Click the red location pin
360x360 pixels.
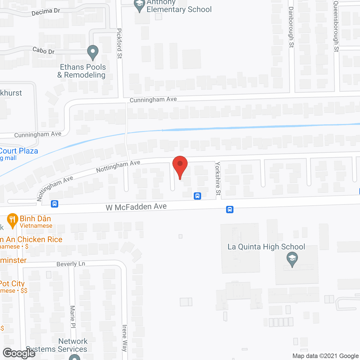[180, 166]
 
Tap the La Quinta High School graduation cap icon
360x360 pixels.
[292, 259]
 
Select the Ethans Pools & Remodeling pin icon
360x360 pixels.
[93, 52]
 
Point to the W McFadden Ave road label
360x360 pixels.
[136, 207]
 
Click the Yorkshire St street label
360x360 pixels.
[218, 178]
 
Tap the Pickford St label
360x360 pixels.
[120, 43]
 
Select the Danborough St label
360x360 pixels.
[291, 27]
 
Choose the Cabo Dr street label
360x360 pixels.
[43, 51]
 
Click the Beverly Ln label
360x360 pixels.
[71, 264]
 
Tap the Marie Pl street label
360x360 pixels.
[73, 317]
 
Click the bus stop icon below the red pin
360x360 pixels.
[197, 196]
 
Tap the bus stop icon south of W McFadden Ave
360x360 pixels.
[230, 210]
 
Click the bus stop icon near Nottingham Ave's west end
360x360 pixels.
[55, 204]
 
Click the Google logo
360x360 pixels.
[19, 353]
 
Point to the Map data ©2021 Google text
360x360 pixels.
[325, 356]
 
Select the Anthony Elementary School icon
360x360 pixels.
[139, 5]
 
